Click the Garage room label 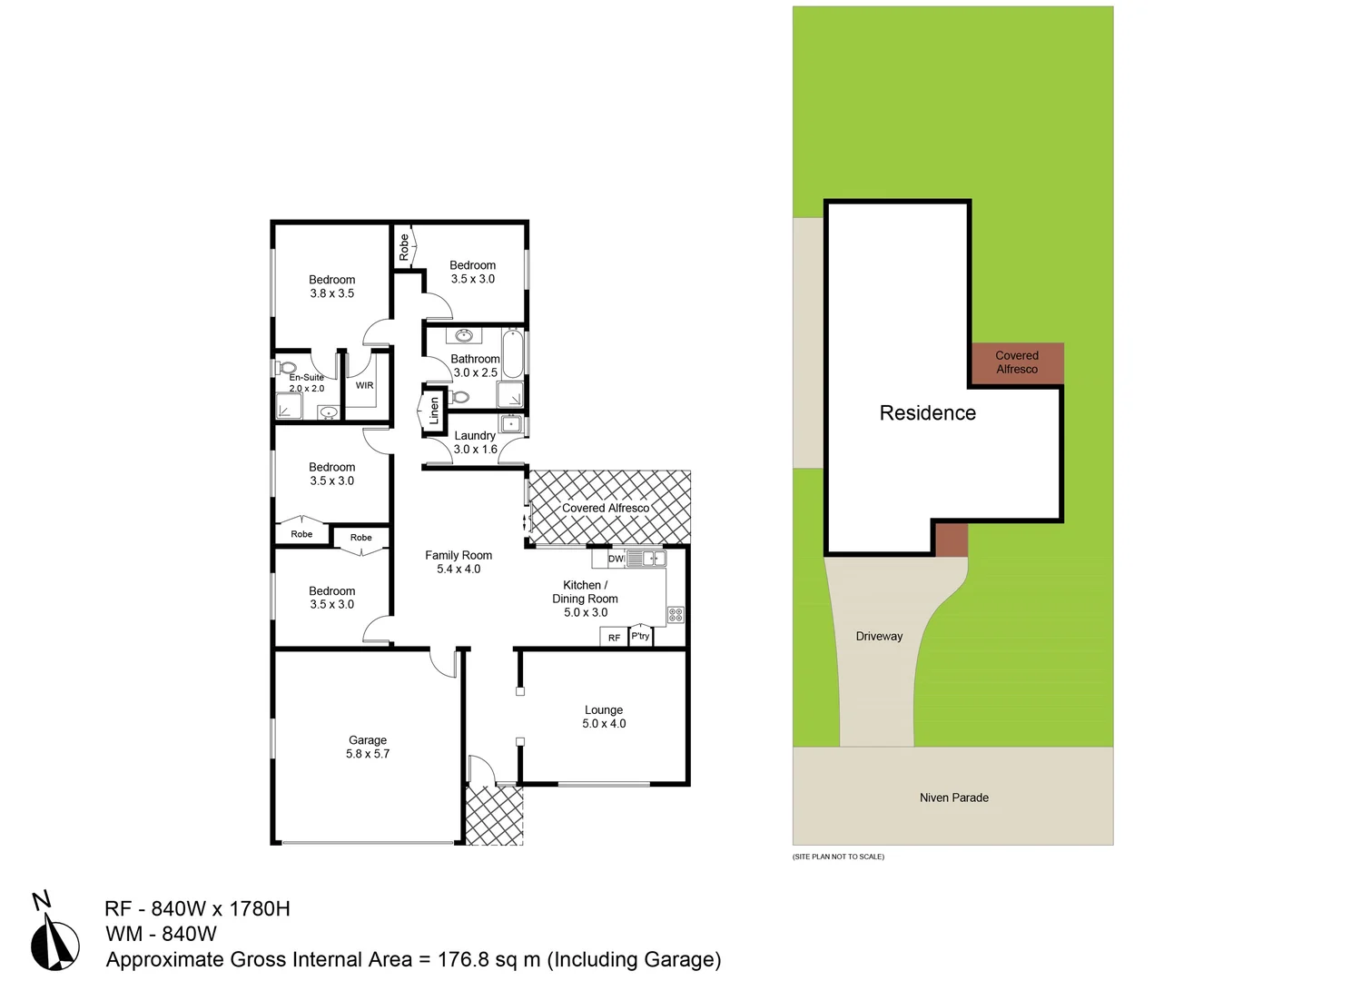point(368,740)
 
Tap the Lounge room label point(604,710)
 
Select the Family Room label point(459,556)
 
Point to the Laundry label point(475,436)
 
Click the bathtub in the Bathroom point(512,354)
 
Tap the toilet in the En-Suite point(287,368)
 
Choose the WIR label point(364,385)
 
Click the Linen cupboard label point(434,411)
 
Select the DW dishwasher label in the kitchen point(616,559)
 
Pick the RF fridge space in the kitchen point(614,638)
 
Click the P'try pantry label point(641,636)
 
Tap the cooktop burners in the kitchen point(676,615)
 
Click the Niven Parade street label point(953,798)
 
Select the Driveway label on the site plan point(879,637)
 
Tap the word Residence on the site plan point(927,413)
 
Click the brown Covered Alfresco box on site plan point(1016,363)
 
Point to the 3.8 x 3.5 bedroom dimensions point(332,293)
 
